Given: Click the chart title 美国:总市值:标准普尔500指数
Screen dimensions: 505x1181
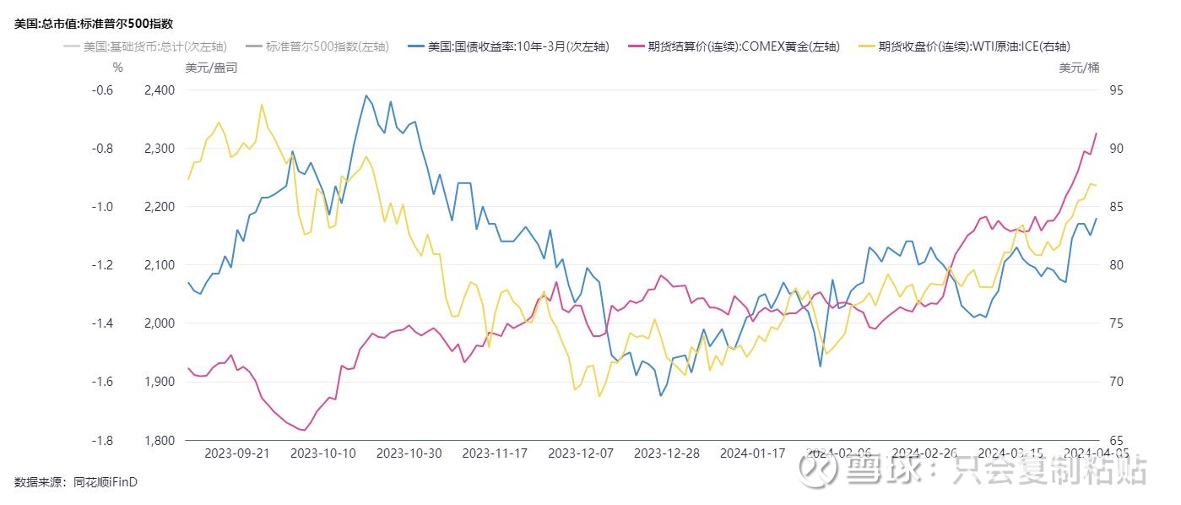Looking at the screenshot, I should point(100,24).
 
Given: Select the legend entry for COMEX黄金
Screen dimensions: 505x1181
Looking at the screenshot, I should point(743,47).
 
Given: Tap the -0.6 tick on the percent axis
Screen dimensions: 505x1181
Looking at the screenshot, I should point(103,90).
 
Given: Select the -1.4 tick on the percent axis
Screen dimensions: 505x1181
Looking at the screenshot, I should point(103,323).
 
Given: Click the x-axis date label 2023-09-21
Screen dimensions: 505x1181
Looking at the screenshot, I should point(237,453).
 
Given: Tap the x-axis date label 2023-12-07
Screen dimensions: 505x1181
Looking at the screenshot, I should point(581,453).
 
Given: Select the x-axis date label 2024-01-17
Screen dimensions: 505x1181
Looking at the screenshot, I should point(752,453).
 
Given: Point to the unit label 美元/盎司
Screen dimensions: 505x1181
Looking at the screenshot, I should point(211,68).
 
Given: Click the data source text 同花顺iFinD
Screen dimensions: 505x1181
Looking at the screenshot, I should point(106,482).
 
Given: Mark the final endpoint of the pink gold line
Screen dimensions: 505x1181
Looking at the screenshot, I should point(1097,133).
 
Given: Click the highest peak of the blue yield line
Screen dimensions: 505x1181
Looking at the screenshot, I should point(366,95).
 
